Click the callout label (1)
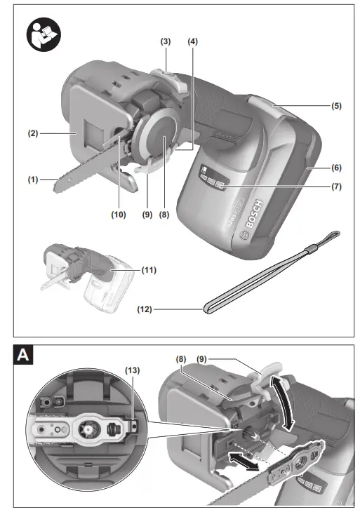point(32,180)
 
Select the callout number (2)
point(32,130)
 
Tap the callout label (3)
point(166,42)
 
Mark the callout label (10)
point(117,215)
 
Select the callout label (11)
point(148,269)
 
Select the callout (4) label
point(192,42)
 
